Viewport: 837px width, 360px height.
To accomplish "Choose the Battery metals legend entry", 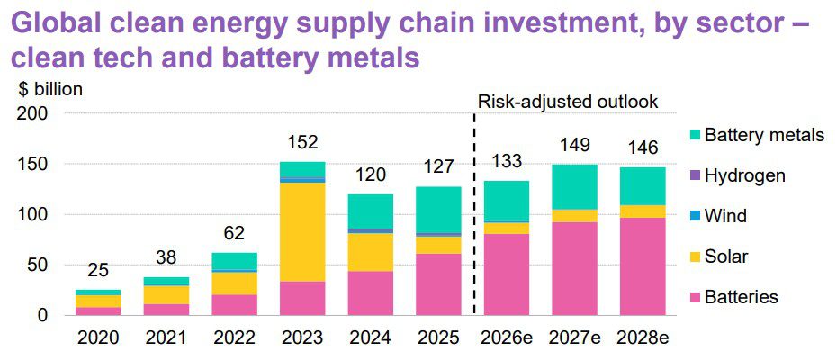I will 762,135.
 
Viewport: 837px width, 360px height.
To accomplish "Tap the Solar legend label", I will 726,256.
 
